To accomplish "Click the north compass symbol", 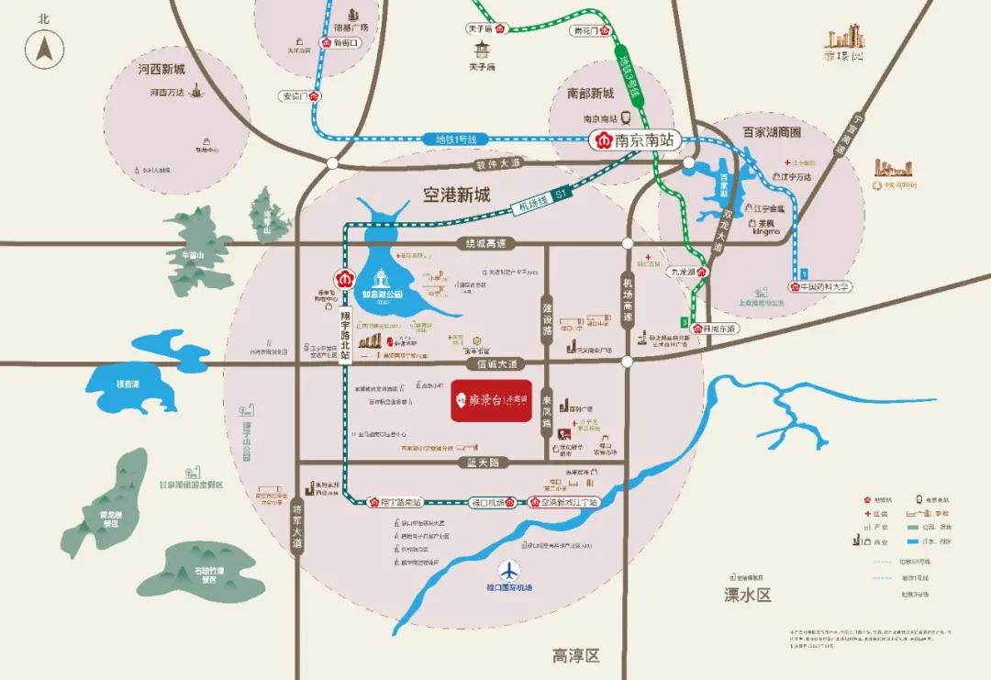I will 44,48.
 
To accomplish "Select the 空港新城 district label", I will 456,195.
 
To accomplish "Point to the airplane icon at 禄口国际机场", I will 508,569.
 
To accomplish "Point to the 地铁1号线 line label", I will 451,139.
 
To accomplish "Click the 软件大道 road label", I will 497,163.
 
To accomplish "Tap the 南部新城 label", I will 589,94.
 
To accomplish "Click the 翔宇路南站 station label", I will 395,503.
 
